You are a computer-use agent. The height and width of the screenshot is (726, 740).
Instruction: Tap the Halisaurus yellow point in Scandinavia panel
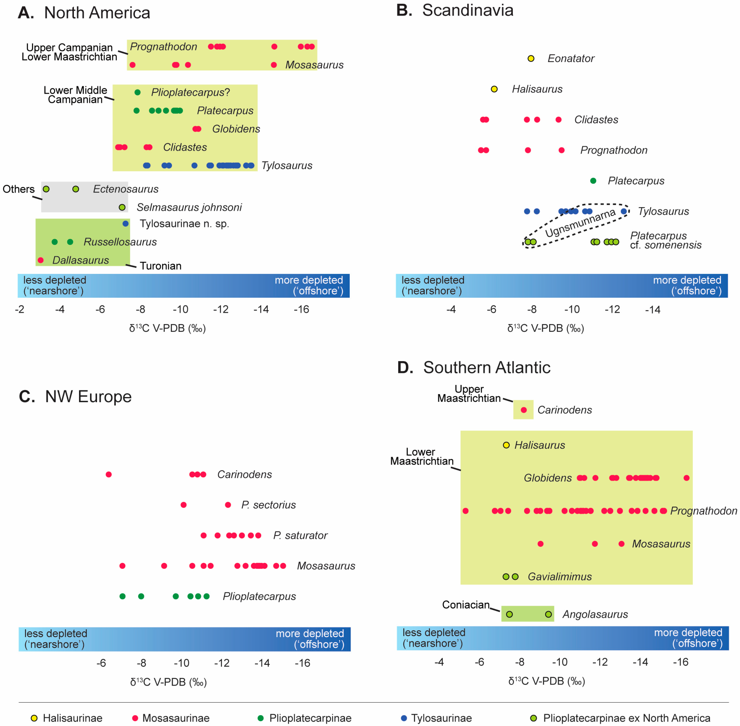click(x=494, y=89)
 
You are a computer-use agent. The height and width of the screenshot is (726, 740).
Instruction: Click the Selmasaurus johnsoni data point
click(x=122, y=207)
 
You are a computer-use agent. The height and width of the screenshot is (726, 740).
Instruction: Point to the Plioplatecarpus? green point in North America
click(x=138, y=92)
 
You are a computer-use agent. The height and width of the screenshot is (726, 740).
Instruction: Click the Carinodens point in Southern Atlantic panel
click(x=524, y=410)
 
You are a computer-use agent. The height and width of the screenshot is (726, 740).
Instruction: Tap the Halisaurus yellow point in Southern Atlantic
click(x=506, y=445)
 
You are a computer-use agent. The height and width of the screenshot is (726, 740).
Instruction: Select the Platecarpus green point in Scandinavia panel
click(x=593, y=181)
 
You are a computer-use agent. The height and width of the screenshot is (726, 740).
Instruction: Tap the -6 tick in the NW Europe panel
click(x=101, y=663)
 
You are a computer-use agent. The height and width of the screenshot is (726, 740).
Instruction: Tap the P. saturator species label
click(x=300, y=535)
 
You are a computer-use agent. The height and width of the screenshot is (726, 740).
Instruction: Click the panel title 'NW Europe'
click(x=88, y=397)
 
